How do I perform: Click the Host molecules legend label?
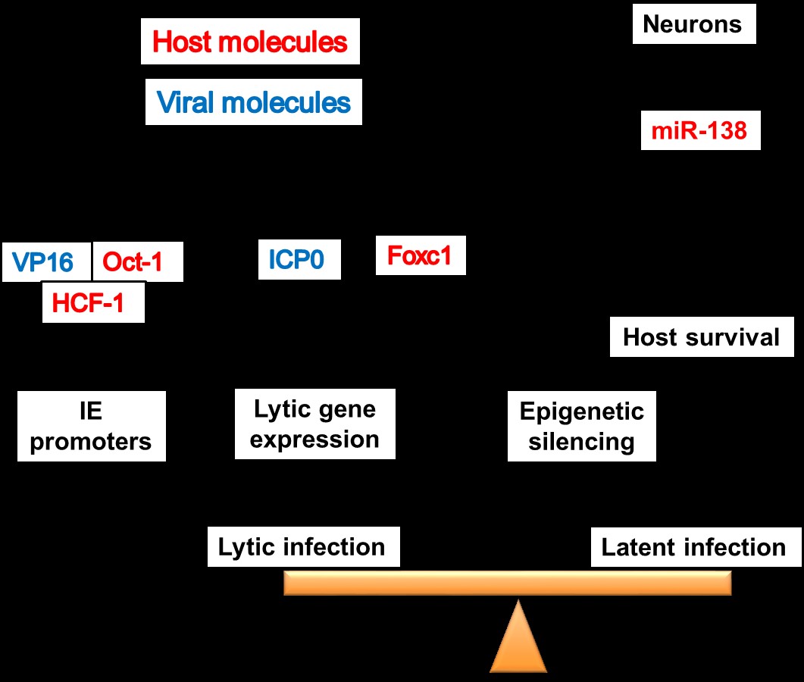click(250, 42)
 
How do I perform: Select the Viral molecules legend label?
click(253, 102)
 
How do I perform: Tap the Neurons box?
click(693, 24)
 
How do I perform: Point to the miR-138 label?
click(699, 130)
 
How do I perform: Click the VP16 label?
click(43, 262)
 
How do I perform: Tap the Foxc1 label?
click(420, 255)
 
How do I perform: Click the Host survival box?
click(701, 336)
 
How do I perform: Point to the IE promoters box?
click(91, 426)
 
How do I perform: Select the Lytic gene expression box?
click(314, 424)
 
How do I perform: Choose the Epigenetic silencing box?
click(581, 426)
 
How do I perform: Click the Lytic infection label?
click(302, 546)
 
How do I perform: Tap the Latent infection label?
click(693, 547)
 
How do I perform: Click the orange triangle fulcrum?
click(518, 640)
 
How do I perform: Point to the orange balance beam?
click(507, 583)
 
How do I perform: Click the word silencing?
click(581, 441)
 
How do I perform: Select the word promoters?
click(91, 441)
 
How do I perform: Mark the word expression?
click(314, 439)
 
